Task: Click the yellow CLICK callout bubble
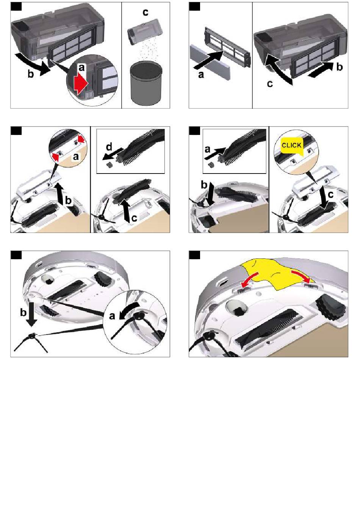click(291, 146)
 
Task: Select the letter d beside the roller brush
click(109, 147)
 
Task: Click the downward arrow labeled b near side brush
click(31, 317)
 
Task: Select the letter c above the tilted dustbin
click(146, 12)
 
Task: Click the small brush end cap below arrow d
click(109, 165)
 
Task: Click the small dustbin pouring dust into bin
click(145, 32)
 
